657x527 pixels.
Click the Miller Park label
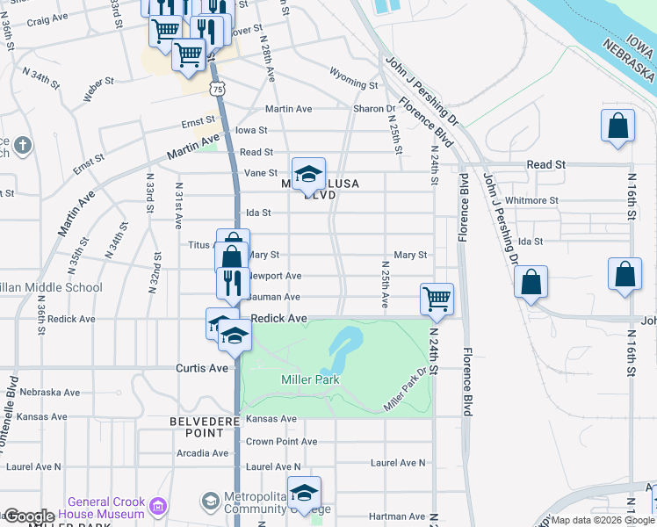pyautogui.click(x=310, y=379)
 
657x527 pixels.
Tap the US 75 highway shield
pyautogui.click(x=218, y=89)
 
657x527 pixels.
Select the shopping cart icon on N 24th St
pyautogui.click(x=437, y=299)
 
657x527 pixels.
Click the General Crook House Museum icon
pyautogui.click(x=158, y=505)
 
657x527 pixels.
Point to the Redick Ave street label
pyautogui.click(x=278, y=318)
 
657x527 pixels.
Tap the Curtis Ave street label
pyautogui.click(x=203, y=367)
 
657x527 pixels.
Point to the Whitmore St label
pyautogui.click(x=532, y=200)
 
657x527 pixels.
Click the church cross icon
pyautogui.click(x=23, y=145)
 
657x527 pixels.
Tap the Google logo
pyautogui.click(x=29, y=516)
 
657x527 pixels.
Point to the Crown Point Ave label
pyautogui.click(x=281, y=442)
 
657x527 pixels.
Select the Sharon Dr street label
pyautogui.click(x=374, y=109)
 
